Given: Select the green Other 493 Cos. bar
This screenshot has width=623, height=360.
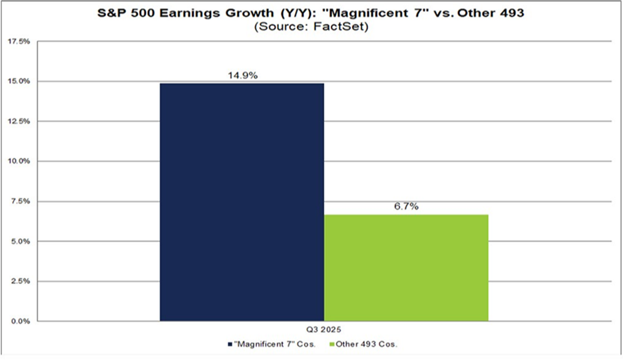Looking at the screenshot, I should coord(406,268).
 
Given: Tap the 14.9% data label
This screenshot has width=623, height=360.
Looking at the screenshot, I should coord(242,75).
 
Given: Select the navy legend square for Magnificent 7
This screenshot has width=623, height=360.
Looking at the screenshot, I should coord(228,344).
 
